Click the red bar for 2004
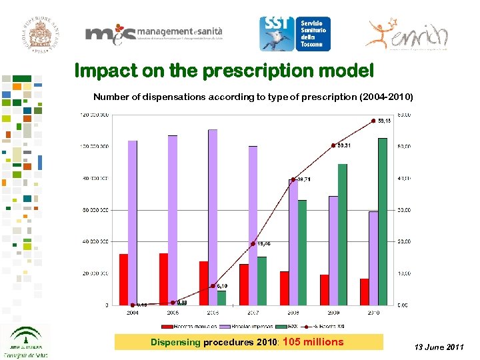click(123, 279)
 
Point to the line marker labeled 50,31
click(333, 145)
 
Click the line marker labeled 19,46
click(253, 243)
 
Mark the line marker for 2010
click(373, 121)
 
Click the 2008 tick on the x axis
click(293, 312)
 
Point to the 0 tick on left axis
click(108, 305)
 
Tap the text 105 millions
click(313, 342)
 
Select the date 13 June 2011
click(439, 347)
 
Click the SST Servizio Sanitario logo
click(294, 34)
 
